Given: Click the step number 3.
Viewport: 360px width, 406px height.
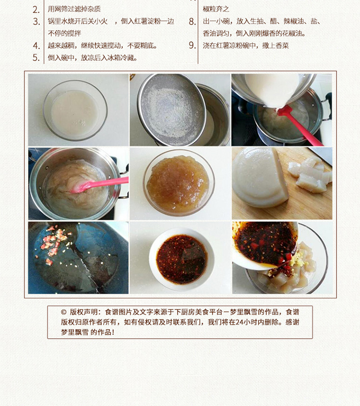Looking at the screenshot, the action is tap(36, 22).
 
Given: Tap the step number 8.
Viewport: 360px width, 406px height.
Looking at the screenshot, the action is tap(192, 22).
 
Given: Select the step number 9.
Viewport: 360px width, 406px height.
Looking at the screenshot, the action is tap(192, 45).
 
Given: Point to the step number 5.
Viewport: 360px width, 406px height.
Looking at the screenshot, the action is tap(36, 58).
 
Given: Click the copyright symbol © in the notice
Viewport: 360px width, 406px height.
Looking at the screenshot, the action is tap(64, 312).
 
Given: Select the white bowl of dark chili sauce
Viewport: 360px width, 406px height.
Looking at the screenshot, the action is tap(181, 259).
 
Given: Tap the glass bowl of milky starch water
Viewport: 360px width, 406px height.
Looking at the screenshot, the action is tap(75, 111).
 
